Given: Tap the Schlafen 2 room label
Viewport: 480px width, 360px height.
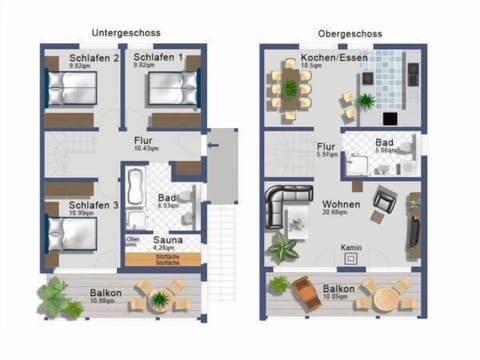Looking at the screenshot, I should click(89, 59).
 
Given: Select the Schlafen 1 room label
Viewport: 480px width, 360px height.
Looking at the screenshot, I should click(160, 59).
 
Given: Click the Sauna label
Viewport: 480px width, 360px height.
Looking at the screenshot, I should click(166, 241).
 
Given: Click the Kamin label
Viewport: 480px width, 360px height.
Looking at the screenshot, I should click(350, 246).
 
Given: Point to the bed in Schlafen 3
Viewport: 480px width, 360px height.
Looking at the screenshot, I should click(69, 232).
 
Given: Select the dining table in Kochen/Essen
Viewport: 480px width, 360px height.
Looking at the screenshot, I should click(291, 88).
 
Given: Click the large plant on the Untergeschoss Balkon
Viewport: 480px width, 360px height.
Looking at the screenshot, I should click(60, 297).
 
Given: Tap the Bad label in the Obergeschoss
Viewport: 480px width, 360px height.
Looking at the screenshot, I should click(383, 143).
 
